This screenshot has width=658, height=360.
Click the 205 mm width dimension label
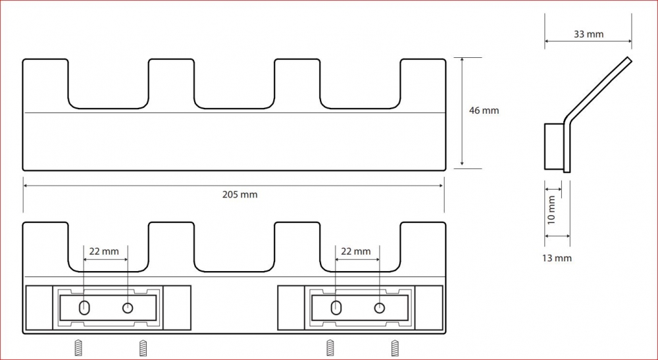(x=240, y=195)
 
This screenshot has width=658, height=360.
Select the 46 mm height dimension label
(x=484, y=111)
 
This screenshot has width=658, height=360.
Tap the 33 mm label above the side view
(x=588, y=34)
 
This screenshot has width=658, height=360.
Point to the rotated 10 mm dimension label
(x=551, y=210)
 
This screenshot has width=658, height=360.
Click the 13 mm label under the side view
(x=557, y=258)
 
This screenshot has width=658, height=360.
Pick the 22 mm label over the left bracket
(x=104, y=251)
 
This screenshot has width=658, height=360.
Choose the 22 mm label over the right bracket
(x=355, y=251)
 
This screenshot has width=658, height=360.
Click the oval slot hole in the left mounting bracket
(x=84, y=308)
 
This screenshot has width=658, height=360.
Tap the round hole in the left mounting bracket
(x=128, y=308)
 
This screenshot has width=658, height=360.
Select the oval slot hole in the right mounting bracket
(x=336, y=308)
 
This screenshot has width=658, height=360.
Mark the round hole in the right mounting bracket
(x=380, y=308)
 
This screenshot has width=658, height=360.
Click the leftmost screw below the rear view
(x=78, y=348)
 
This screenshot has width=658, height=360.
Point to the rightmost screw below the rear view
(x=395, y=348)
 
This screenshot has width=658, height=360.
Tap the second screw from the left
(x=143, y=348)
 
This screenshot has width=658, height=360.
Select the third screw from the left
(x=330, y=348)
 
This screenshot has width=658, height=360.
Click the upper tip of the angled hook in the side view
(x=630, y=59)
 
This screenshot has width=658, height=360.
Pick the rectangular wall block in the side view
(x=554, y=146)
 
